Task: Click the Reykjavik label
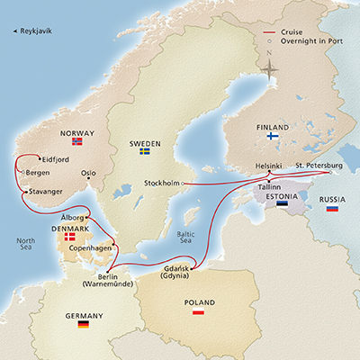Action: click(35, 32)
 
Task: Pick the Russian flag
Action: click(331, 208)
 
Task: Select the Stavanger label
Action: click(50, 191)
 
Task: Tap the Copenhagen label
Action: click(90, 247)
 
